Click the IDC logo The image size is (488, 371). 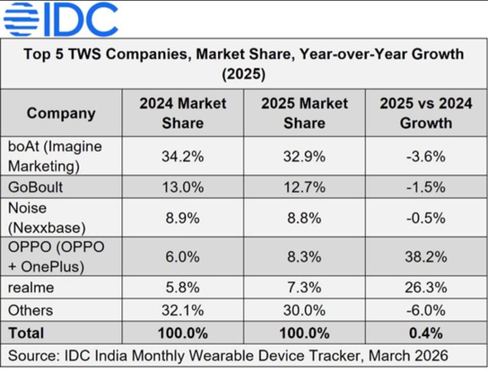click(61, 20)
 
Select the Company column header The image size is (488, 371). click(61, 113)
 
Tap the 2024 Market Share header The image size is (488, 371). click(183, 113)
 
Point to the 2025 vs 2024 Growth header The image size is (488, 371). click(426, 113)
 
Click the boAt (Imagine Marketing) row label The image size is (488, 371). click(55, 156)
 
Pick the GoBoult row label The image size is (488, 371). click(35, 187)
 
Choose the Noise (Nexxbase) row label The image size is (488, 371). click(47, 218)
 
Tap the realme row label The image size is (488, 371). click(31, 287)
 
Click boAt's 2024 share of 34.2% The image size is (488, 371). click(183, 156)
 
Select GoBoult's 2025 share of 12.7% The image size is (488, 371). click(305, 187)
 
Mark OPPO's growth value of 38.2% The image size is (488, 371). click(426, 257)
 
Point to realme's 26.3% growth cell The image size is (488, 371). click(426, 287)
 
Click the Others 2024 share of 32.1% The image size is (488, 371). click(183, 311)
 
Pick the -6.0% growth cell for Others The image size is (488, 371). click(426, 311)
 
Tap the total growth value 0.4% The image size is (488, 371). click(426, 333)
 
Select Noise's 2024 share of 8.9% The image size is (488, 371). click(183, 218)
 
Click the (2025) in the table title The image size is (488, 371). click(244, 74)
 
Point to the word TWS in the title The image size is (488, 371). click(85, 54)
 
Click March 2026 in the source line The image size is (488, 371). click(408, 356)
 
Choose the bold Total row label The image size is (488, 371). click(26, 333)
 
